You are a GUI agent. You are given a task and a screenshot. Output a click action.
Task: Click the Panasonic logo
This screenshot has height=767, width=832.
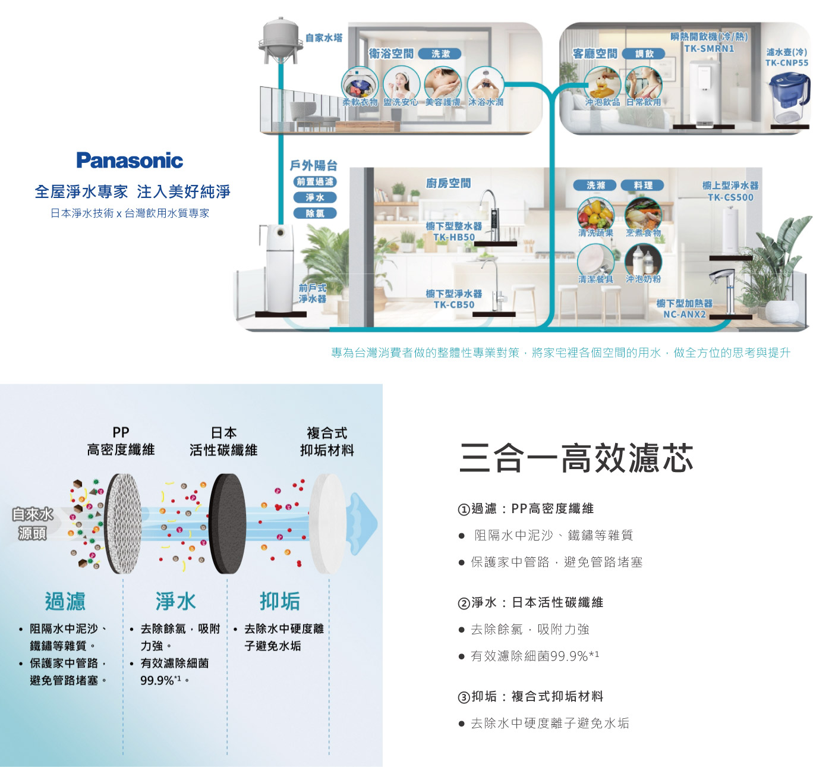[x=130, y=161]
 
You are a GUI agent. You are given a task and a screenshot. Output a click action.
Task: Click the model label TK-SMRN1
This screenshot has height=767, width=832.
[x=709, y=49]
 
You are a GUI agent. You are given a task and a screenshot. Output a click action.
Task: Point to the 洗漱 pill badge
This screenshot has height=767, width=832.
[x=440, y=54]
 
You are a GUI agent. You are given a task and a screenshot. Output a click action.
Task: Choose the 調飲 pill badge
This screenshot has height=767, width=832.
[x=644, y=54]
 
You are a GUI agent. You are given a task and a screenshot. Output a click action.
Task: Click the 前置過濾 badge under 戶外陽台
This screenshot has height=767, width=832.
[x=315, y=182]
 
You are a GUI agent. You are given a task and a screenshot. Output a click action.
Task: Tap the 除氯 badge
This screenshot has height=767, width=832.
[x=315, y=213]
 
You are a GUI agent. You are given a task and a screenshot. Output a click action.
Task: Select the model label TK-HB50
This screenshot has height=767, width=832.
[x=454, y=237]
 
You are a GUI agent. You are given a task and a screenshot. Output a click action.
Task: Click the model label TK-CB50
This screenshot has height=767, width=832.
[x=454, y=305]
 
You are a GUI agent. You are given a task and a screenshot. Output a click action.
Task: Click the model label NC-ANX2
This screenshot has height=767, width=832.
[x=685, y=315]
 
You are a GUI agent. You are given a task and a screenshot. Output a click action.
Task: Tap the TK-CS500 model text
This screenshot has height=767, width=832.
[x=730, y=197]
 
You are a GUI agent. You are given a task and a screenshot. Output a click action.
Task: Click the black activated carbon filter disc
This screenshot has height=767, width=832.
[x=227, y=523]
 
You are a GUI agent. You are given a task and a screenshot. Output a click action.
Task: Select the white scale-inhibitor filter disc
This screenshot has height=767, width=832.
[x=327, y=523]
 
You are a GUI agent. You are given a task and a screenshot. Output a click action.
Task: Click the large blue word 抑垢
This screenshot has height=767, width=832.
[x=279, y=601]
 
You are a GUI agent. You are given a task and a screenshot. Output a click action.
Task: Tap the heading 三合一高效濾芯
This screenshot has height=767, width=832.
[x=576, y=458]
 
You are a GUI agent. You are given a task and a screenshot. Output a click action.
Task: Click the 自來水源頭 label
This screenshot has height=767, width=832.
[x=33, y=524]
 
